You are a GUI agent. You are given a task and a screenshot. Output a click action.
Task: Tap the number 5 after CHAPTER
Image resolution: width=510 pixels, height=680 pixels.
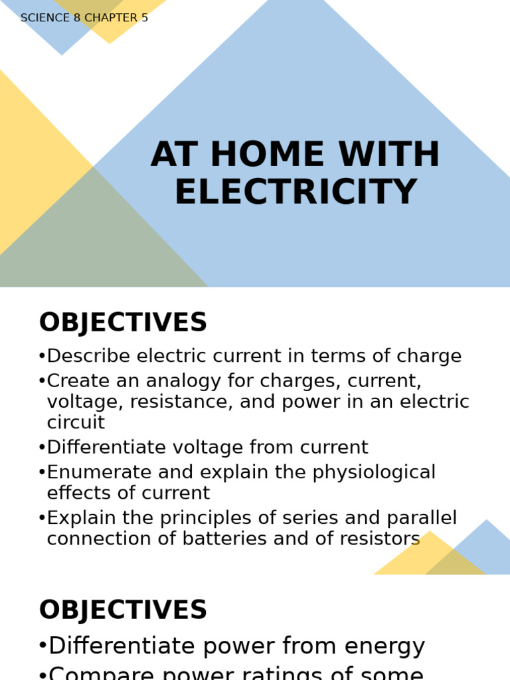point(144,18)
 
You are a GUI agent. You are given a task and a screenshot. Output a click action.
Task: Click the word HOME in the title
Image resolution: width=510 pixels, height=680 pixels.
point(262,155)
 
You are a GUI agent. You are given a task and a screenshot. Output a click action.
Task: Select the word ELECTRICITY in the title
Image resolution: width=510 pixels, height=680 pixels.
point(296,193)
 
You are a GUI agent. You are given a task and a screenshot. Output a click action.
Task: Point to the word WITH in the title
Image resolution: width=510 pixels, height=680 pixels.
point(388,155)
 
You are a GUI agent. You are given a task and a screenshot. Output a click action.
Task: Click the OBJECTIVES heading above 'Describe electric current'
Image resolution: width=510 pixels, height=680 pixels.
point(123,323)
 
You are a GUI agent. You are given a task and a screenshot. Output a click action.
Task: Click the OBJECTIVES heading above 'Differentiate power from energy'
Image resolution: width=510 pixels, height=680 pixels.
point(123,611)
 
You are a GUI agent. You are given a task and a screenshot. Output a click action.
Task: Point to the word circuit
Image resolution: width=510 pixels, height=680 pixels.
point(76,422)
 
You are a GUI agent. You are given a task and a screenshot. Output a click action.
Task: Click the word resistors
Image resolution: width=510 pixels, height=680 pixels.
point(379,539)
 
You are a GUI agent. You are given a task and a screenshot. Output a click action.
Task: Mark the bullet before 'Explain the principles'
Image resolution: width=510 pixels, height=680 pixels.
point(42,519)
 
